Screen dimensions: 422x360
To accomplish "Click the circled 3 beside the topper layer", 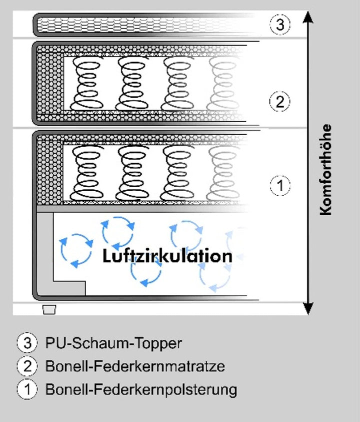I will coord(280,25).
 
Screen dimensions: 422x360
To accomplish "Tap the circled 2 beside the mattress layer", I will coord(280,102).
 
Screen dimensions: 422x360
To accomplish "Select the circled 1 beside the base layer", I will coord(280,185).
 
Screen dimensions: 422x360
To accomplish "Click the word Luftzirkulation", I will coord(167,256).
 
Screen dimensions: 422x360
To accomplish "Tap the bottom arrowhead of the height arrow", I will coord(308,308).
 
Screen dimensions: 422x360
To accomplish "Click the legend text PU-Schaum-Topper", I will coord(113,343).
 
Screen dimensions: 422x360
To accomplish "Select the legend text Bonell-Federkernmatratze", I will coord(135,366).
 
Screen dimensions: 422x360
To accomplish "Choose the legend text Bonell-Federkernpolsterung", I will coord(141,389).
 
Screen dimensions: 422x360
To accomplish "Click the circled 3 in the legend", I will coord(27,343).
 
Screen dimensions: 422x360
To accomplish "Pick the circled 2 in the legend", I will coord(27,366).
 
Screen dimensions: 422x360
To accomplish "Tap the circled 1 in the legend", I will coord(27,389).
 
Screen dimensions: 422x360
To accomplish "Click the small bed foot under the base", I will coord(49,309).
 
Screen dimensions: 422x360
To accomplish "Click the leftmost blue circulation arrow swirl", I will coord(76,249).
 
